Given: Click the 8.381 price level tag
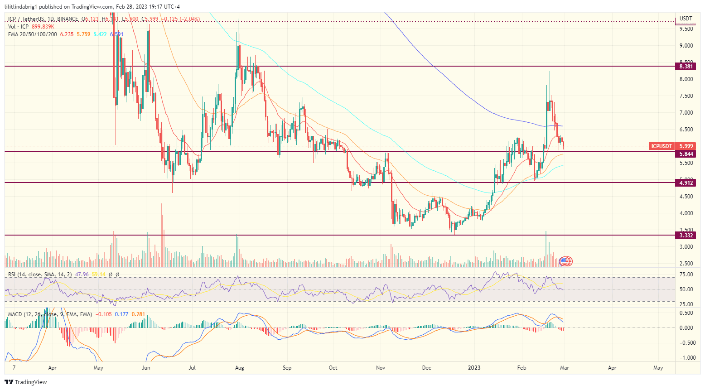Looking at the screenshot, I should [x=686, y=67].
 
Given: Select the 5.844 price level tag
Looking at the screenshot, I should [x=686, y=154].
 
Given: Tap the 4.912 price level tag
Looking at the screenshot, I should [x=686, y=183].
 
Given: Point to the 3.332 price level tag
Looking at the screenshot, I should [x=686, y=236].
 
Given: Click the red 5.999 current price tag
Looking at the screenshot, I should [x=686, y=146].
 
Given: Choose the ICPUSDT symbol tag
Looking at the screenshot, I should [x=661, y=146].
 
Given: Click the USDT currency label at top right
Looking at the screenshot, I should [x=686, y=19].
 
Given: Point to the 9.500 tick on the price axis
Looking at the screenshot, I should [x=686, y=29].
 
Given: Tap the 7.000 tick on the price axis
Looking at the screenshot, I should [x=686, y=113].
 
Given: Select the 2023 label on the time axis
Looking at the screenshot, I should [x=474, y=368].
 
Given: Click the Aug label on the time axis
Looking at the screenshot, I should [x=240, y=368].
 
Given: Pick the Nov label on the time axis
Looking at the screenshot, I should [x=381, y=368].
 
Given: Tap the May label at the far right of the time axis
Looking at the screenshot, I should [x=658, y=368].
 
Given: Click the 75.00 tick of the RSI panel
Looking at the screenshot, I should [x=686, y=274].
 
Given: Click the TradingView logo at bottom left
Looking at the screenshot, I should [x=26, y=382].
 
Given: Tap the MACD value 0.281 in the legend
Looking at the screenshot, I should [x=138, y=314].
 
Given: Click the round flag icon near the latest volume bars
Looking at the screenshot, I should [x=566, y=261].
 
